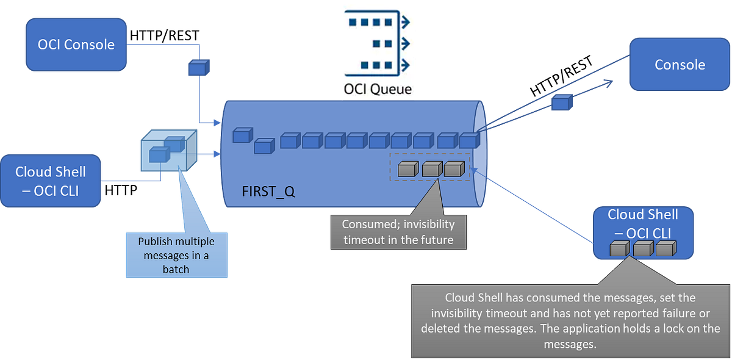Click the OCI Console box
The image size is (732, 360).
click(x=76, y=44)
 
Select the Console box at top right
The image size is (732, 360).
click(x=680, y=65)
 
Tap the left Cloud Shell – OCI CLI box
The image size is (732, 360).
click(x=51, y=181)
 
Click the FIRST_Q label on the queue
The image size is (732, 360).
click(x=268, y=192)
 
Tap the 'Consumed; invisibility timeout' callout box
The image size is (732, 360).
click(x=398, y=231)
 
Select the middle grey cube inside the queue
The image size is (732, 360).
click(x=431, y=169)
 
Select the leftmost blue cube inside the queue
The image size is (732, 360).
click(x=242, y=135)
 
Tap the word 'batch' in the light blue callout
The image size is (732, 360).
click(x=176, y=269)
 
